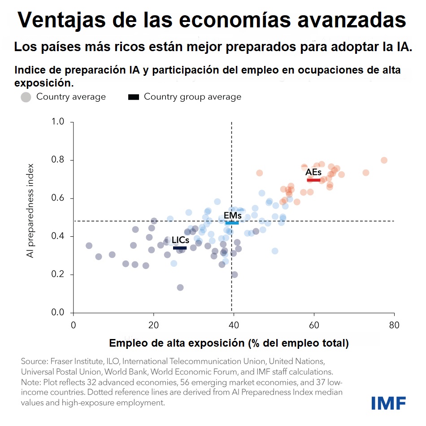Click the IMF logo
coord(388,403)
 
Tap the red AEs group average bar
coord(313,180)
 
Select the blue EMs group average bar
coord(232,223)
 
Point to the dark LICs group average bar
coord(180,248)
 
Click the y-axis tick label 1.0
coord(58,122)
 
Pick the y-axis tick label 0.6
coord(58,198)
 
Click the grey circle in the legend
coord(26,97)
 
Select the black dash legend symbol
coord(134,97)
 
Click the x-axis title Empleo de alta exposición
coord(229,343)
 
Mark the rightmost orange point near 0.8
coord(384,160)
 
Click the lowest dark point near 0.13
coord(180,287)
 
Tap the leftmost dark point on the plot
coord(89,246)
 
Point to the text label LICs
coord(180,240)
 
